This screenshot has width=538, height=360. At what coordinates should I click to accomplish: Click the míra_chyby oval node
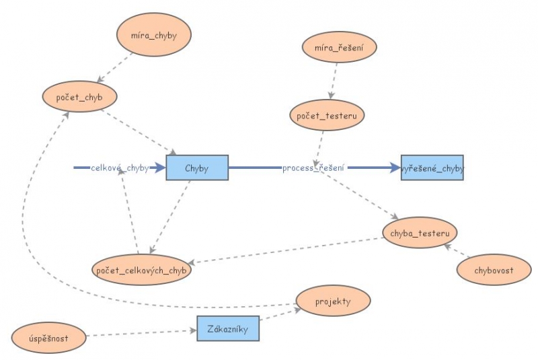point(154,36)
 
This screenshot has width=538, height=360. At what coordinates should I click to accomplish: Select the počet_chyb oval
point(79,97)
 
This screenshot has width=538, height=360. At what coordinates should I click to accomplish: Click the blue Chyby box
point(197,168)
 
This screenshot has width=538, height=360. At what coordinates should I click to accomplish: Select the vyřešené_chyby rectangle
point(432,168)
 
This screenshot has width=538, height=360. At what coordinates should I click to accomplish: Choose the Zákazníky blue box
point(228,329)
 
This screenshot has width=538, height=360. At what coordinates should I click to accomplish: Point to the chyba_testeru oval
point(420,233)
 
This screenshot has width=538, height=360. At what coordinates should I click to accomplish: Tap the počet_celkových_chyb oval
point(141,270)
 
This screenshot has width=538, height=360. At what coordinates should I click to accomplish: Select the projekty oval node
point(333,301)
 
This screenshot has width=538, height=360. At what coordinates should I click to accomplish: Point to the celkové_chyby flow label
point(120,168)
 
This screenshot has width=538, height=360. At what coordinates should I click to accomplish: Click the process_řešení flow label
point(313,168)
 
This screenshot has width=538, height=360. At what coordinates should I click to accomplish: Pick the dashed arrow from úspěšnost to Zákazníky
point(138,333)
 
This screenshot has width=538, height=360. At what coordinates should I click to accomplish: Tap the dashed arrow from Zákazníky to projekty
point(279,316)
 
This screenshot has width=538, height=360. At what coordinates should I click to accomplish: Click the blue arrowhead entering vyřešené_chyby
point(394,168)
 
